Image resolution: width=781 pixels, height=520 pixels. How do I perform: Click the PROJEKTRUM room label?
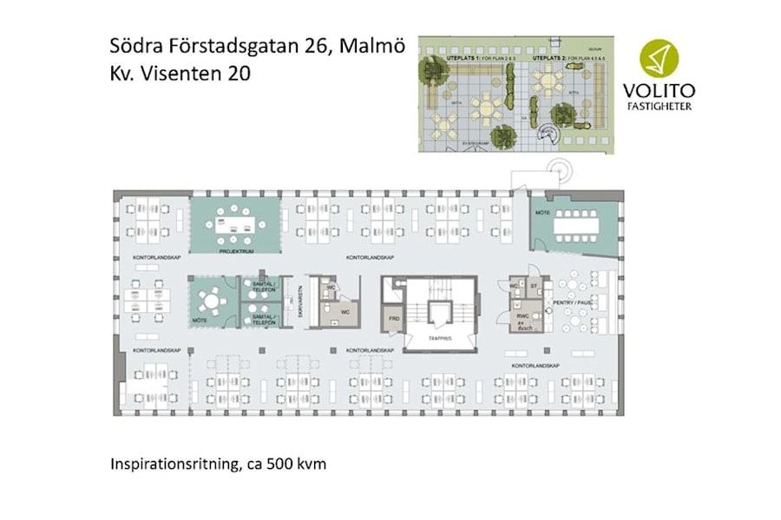(x=235, y=250)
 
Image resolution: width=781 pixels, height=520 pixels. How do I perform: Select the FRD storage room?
(x=394, y=319)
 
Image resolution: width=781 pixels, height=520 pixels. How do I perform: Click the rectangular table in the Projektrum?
(x=235, y=224)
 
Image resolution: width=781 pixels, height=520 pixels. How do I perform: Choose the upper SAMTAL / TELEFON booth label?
(x=262, y=285)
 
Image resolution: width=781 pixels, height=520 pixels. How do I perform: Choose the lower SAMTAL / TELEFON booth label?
(x=262, y=319)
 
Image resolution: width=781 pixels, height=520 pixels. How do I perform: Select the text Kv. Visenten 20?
(x=180, y=75)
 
